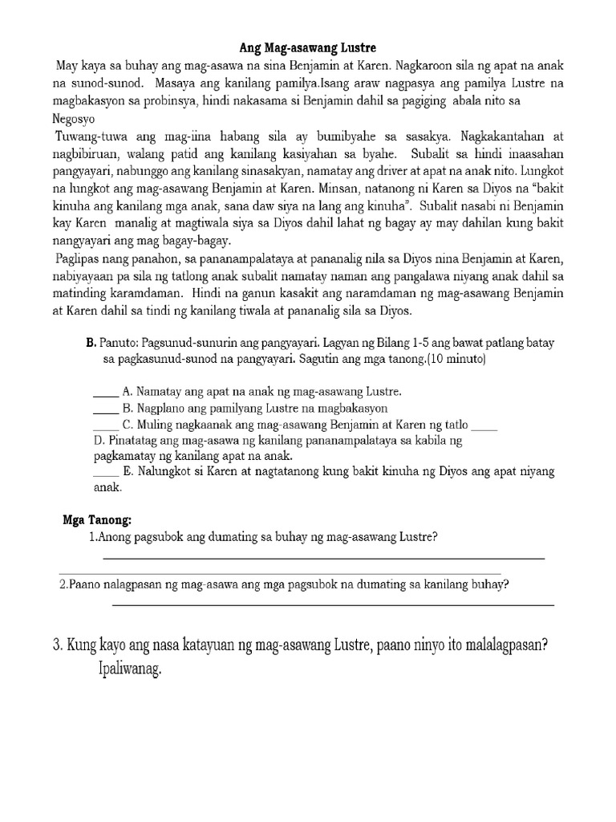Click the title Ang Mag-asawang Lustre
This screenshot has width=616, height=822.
(x=308, y=49)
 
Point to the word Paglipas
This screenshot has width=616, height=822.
(x=79, y=258)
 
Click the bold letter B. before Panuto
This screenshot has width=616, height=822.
(x=91, y=344)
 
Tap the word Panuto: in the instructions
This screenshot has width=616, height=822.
(x=120, y=344)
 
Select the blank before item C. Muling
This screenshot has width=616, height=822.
(x=105, y=426)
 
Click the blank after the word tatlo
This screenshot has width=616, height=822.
(x=486, y=426)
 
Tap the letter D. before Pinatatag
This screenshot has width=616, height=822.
(x=99, y=441)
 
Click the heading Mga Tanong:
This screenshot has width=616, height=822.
(x=97, y=519)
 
